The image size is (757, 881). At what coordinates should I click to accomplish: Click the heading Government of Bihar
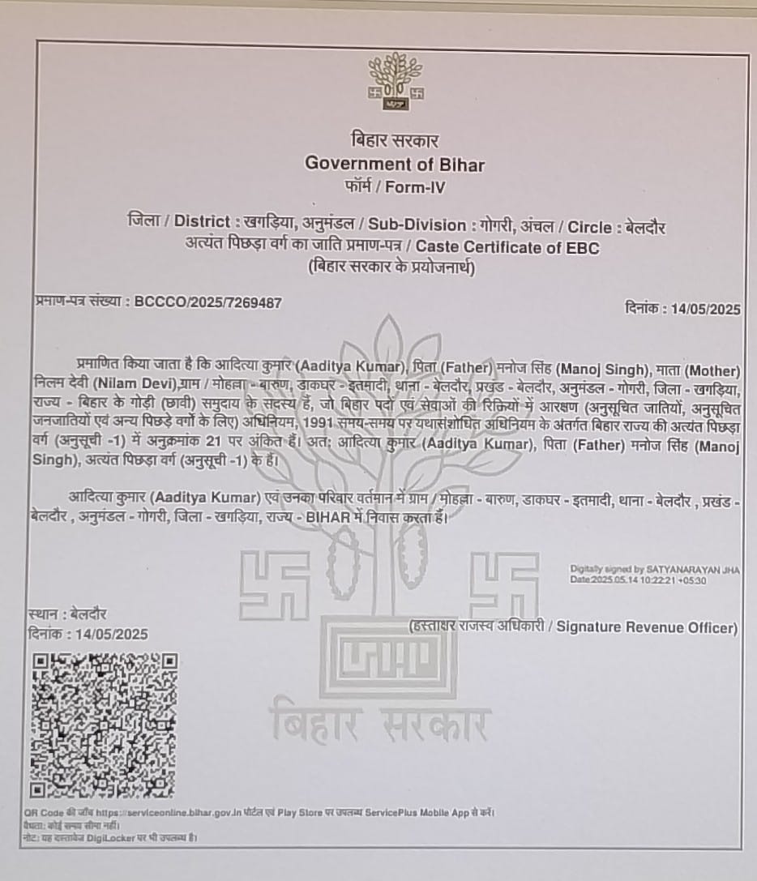(394, 164)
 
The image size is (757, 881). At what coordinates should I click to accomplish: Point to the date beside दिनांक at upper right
(704, 309)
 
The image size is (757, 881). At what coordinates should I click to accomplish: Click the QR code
(104, 725)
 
